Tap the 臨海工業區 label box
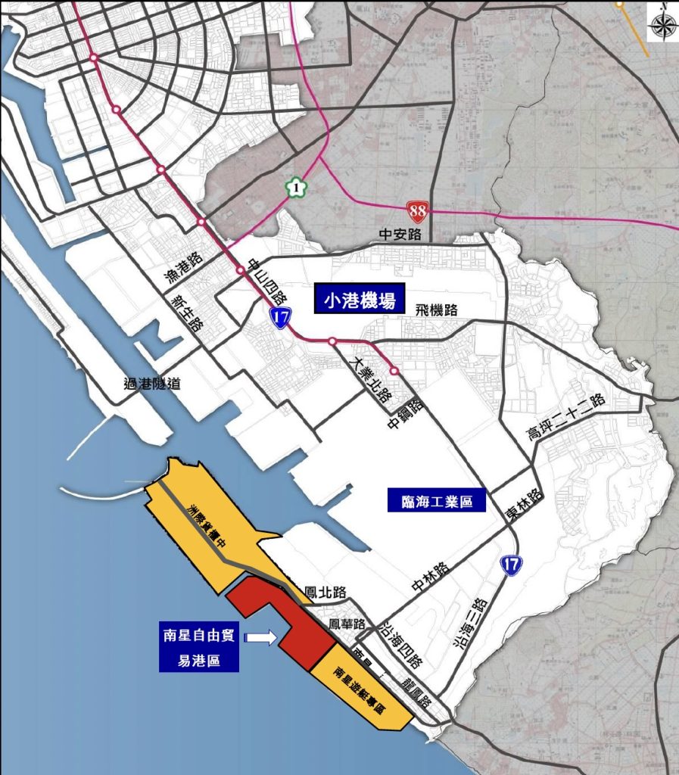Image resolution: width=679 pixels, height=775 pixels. (x=436, y=500)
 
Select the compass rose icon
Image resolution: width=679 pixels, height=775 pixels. (x=662, y=25)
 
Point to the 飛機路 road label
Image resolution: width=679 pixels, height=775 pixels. (x=437, y=310)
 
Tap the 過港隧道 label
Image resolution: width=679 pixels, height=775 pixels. (x=152, y=384)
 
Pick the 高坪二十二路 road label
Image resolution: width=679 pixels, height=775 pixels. (x=567, y=417)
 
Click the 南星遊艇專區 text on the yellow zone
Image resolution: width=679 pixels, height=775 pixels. (x=360, y=691)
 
